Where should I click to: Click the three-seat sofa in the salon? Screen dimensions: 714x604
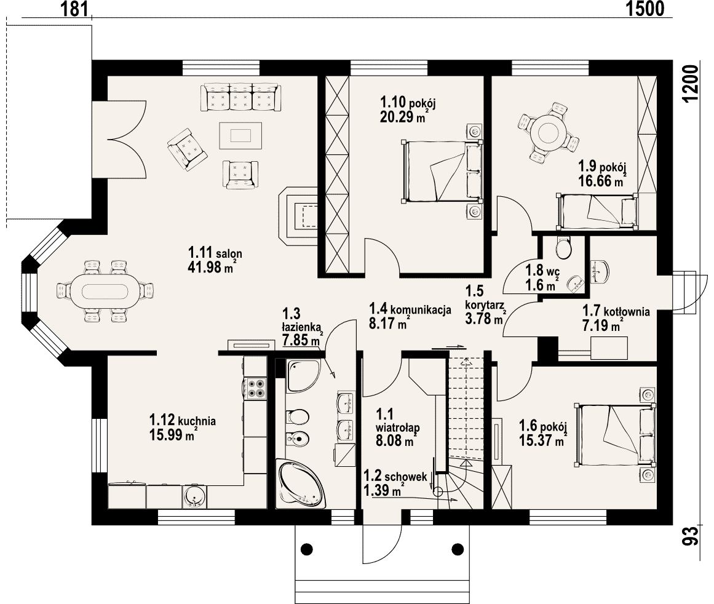(x=240, y=97)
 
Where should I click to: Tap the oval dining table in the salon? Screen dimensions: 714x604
(x=105, y=291)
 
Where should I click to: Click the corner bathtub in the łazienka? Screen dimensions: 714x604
(x=301, y=484)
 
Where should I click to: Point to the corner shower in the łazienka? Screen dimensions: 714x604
(x=303, y=375)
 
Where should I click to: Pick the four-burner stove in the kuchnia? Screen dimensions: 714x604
(x=255, y=389)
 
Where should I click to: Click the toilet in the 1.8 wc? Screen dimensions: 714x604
(x=564, y=248)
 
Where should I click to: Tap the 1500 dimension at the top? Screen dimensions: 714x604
(x=645, y=9)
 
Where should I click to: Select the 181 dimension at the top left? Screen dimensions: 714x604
(x=74, y=9)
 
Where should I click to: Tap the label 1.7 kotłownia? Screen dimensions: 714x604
(x=616, y=312)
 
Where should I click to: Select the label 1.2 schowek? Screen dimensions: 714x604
(x=395, y=477)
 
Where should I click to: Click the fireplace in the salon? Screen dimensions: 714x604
(x=298, y=216)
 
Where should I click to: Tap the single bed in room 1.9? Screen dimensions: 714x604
(x=597, y=210)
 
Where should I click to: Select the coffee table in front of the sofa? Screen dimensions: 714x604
(x=240, y=135)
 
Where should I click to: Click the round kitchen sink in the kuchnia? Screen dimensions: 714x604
(x=194, y=496)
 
